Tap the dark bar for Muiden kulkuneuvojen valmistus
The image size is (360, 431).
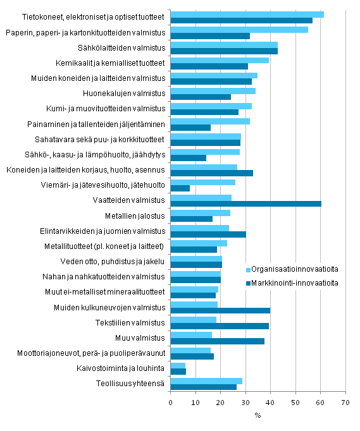click(220, 310)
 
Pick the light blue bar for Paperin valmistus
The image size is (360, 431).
click(239, 29)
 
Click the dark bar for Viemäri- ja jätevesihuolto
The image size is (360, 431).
click(180, 188)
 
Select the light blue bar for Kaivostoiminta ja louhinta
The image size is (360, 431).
click(178, 365)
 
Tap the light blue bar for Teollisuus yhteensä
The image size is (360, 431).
click(206, 380)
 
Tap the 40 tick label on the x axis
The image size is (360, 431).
click(270, 401)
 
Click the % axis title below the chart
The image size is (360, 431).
click(258, 415)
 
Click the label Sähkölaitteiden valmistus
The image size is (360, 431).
click(123, 48)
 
